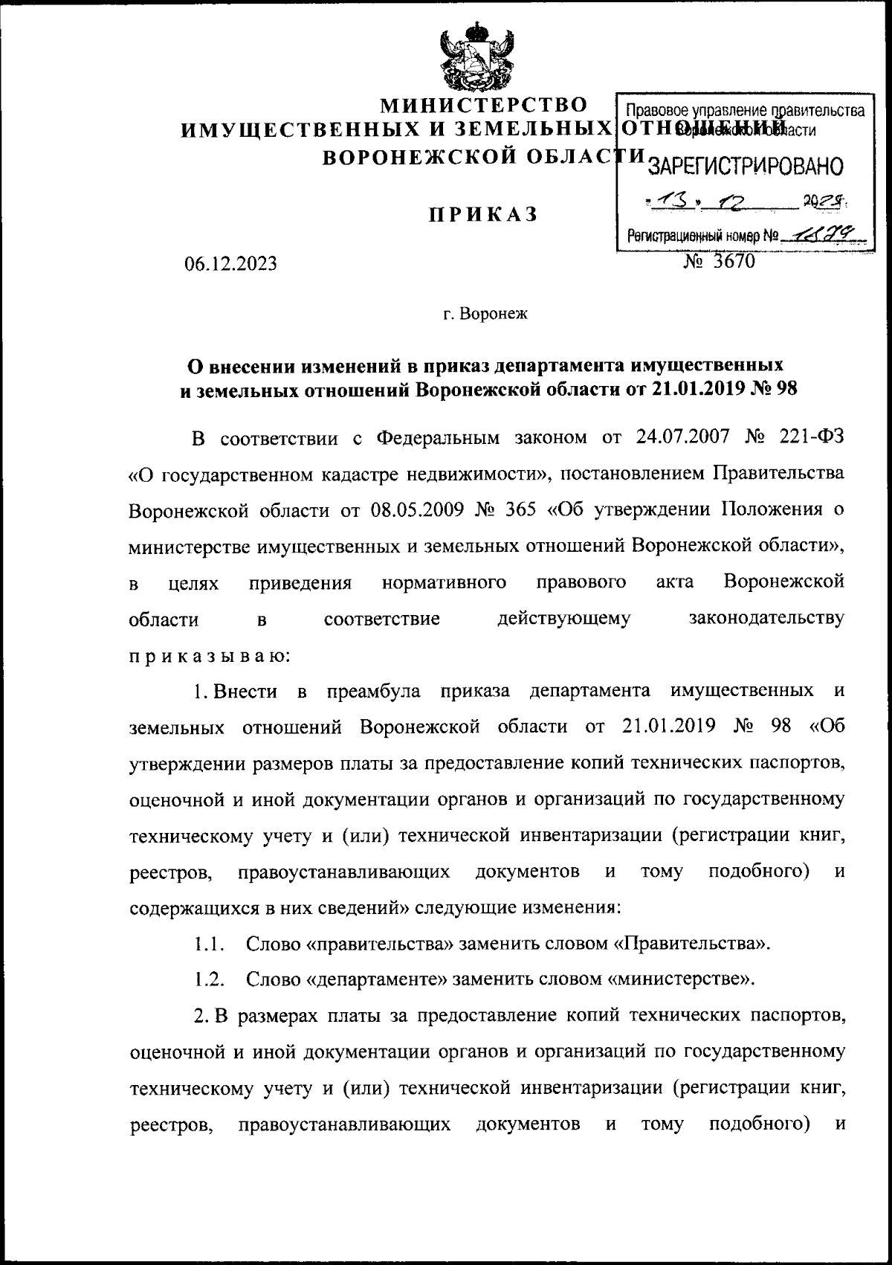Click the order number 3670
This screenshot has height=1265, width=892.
[x=732, y=260]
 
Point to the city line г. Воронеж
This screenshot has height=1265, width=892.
[x=484, y=314]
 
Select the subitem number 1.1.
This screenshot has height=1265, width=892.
[x=210, y=944]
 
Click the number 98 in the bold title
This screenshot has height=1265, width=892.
[x=786, y=388]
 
